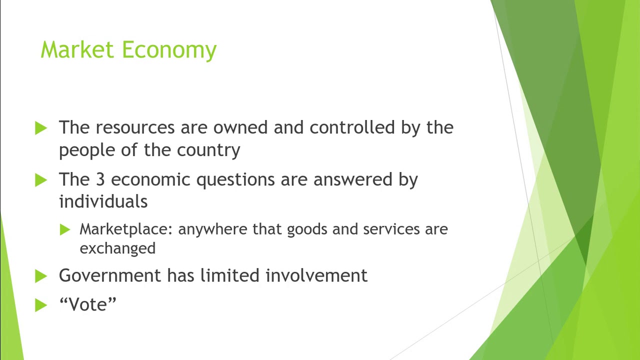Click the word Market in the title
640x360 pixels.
click(x=77, y=50)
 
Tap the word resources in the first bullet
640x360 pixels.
click(x=135, y=128)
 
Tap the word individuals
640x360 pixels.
click(x=103, y=201)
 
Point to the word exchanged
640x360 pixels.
click(x=117, y=248)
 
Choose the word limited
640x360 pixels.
click(x=229, y=275)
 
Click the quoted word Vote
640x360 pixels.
click(x=87, y=304)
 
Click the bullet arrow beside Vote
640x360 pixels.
click(x=41, y=305)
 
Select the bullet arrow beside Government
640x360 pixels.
click(x=41, y=276)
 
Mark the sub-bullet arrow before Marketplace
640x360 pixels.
click(x=65, y=229)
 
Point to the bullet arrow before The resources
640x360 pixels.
click(x=41, y=128)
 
